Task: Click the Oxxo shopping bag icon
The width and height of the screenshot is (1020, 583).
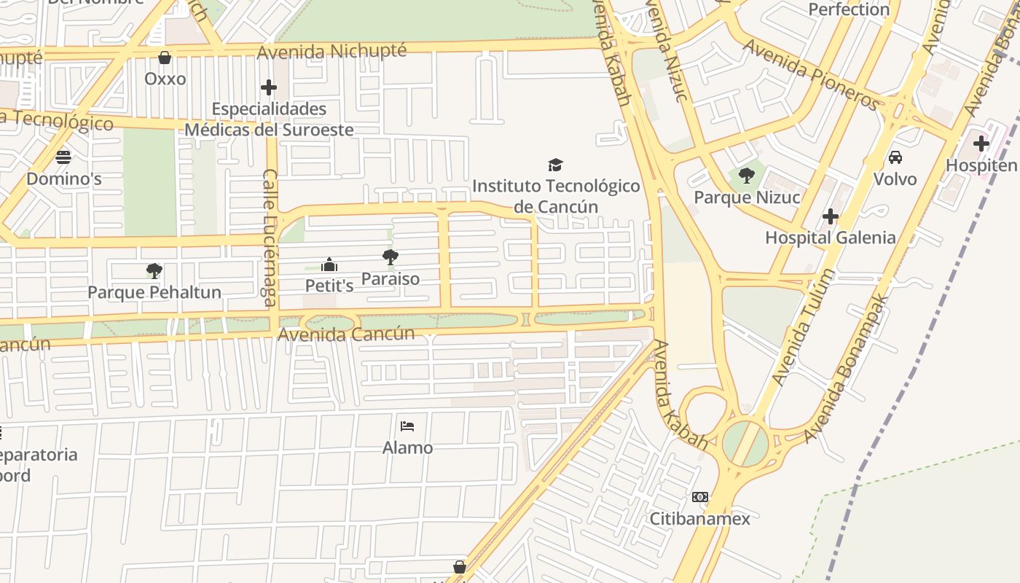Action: [165, 58]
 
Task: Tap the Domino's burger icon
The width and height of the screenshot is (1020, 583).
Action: [63, 157]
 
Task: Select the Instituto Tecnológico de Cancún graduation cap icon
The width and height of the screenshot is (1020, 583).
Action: [556, 165]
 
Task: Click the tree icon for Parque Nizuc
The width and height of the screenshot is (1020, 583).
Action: [746, 176]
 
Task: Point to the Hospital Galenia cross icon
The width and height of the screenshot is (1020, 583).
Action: [830, 216]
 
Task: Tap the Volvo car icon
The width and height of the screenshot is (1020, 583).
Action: [895, 157]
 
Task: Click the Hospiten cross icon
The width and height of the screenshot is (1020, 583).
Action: [981, 144]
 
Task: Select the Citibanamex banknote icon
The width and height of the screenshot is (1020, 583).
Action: [699, 497]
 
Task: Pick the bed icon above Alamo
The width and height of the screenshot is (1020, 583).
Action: [407, 426]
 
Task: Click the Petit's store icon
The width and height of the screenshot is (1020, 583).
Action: [329, 265]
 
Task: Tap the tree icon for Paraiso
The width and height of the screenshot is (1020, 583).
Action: [391, 257]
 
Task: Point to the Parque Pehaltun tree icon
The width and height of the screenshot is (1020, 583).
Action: [154, 271]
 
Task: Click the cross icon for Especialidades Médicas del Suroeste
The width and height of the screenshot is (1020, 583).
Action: [269, 88]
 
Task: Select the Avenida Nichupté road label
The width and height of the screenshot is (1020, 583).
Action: [331, 51]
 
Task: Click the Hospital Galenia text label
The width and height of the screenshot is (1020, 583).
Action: [830, 238]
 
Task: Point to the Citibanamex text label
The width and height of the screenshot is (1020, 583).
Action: [699, 518]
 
